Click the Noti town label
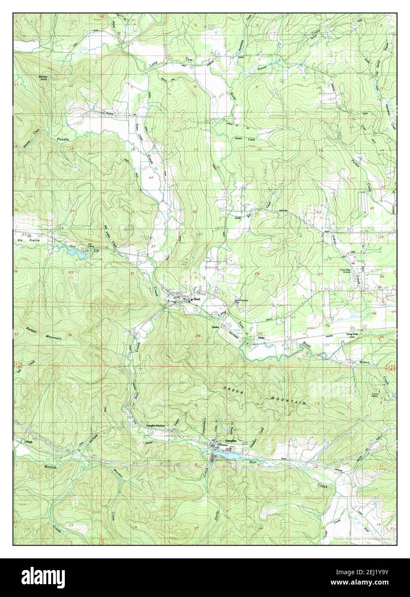[197, 298]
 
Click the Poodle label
[63, 140]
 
